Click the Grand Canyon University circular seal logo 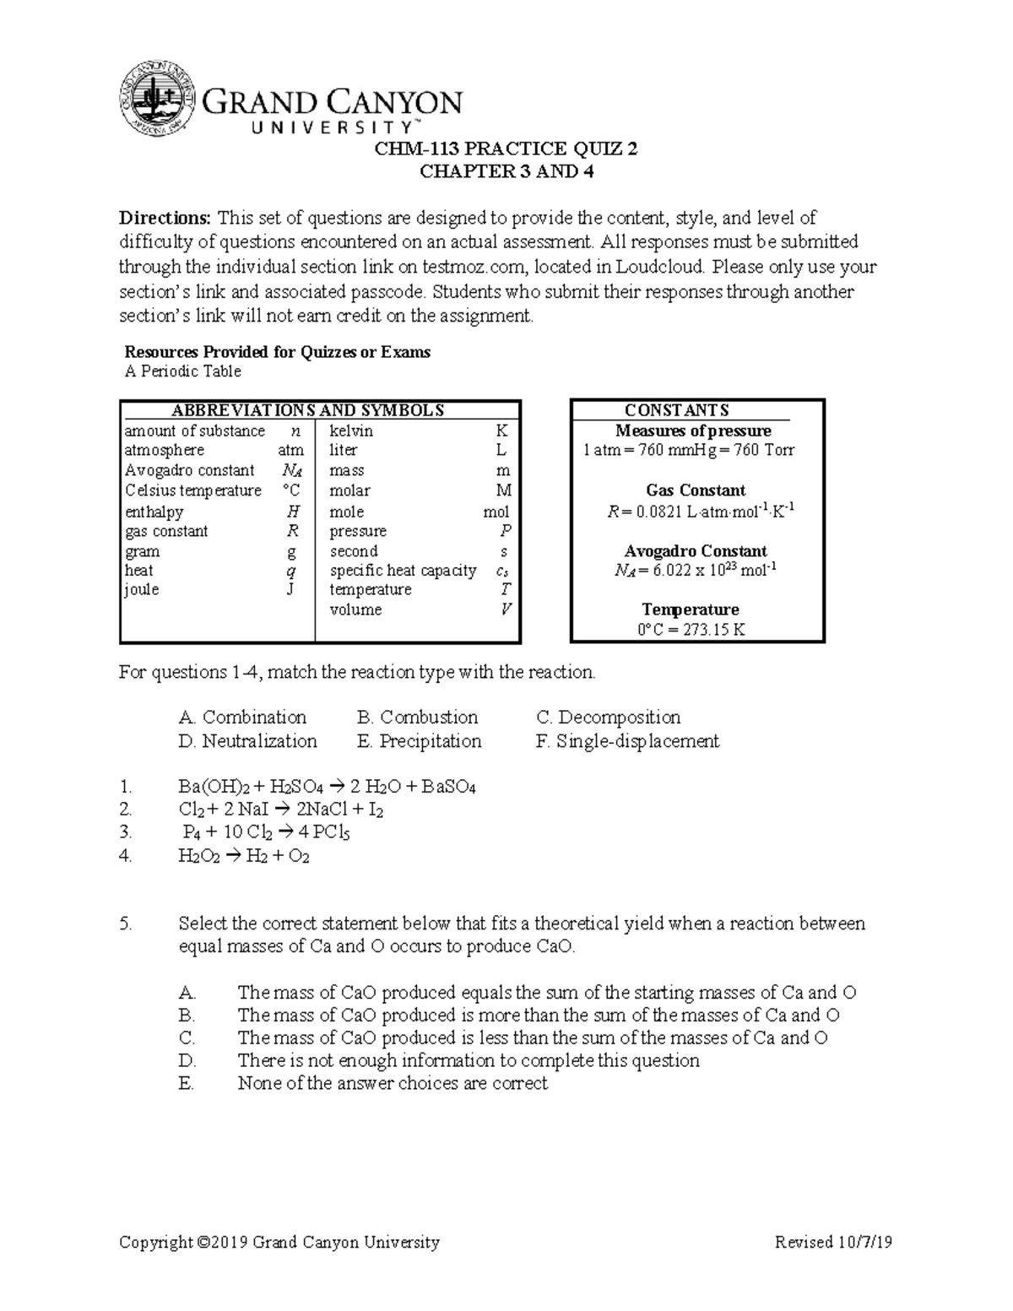[157, 99]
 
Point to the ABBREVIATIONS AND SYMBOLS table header [307, 411]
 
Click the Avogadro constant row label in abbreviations [189, 470]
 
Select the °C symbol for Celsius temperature [290, 490]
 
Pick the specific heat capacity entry [403, 571]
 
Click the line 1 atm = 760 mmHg [689, 451]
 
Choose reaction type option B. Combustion [417, 718]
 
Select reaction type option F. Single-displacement [627, 741]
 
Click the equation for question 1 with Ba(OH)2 [327, 787]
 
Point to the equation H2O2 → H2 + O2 [244, 856]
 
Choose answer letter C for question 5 [187, 1037]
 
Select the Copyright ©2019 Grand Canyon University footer [279, 1242]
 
